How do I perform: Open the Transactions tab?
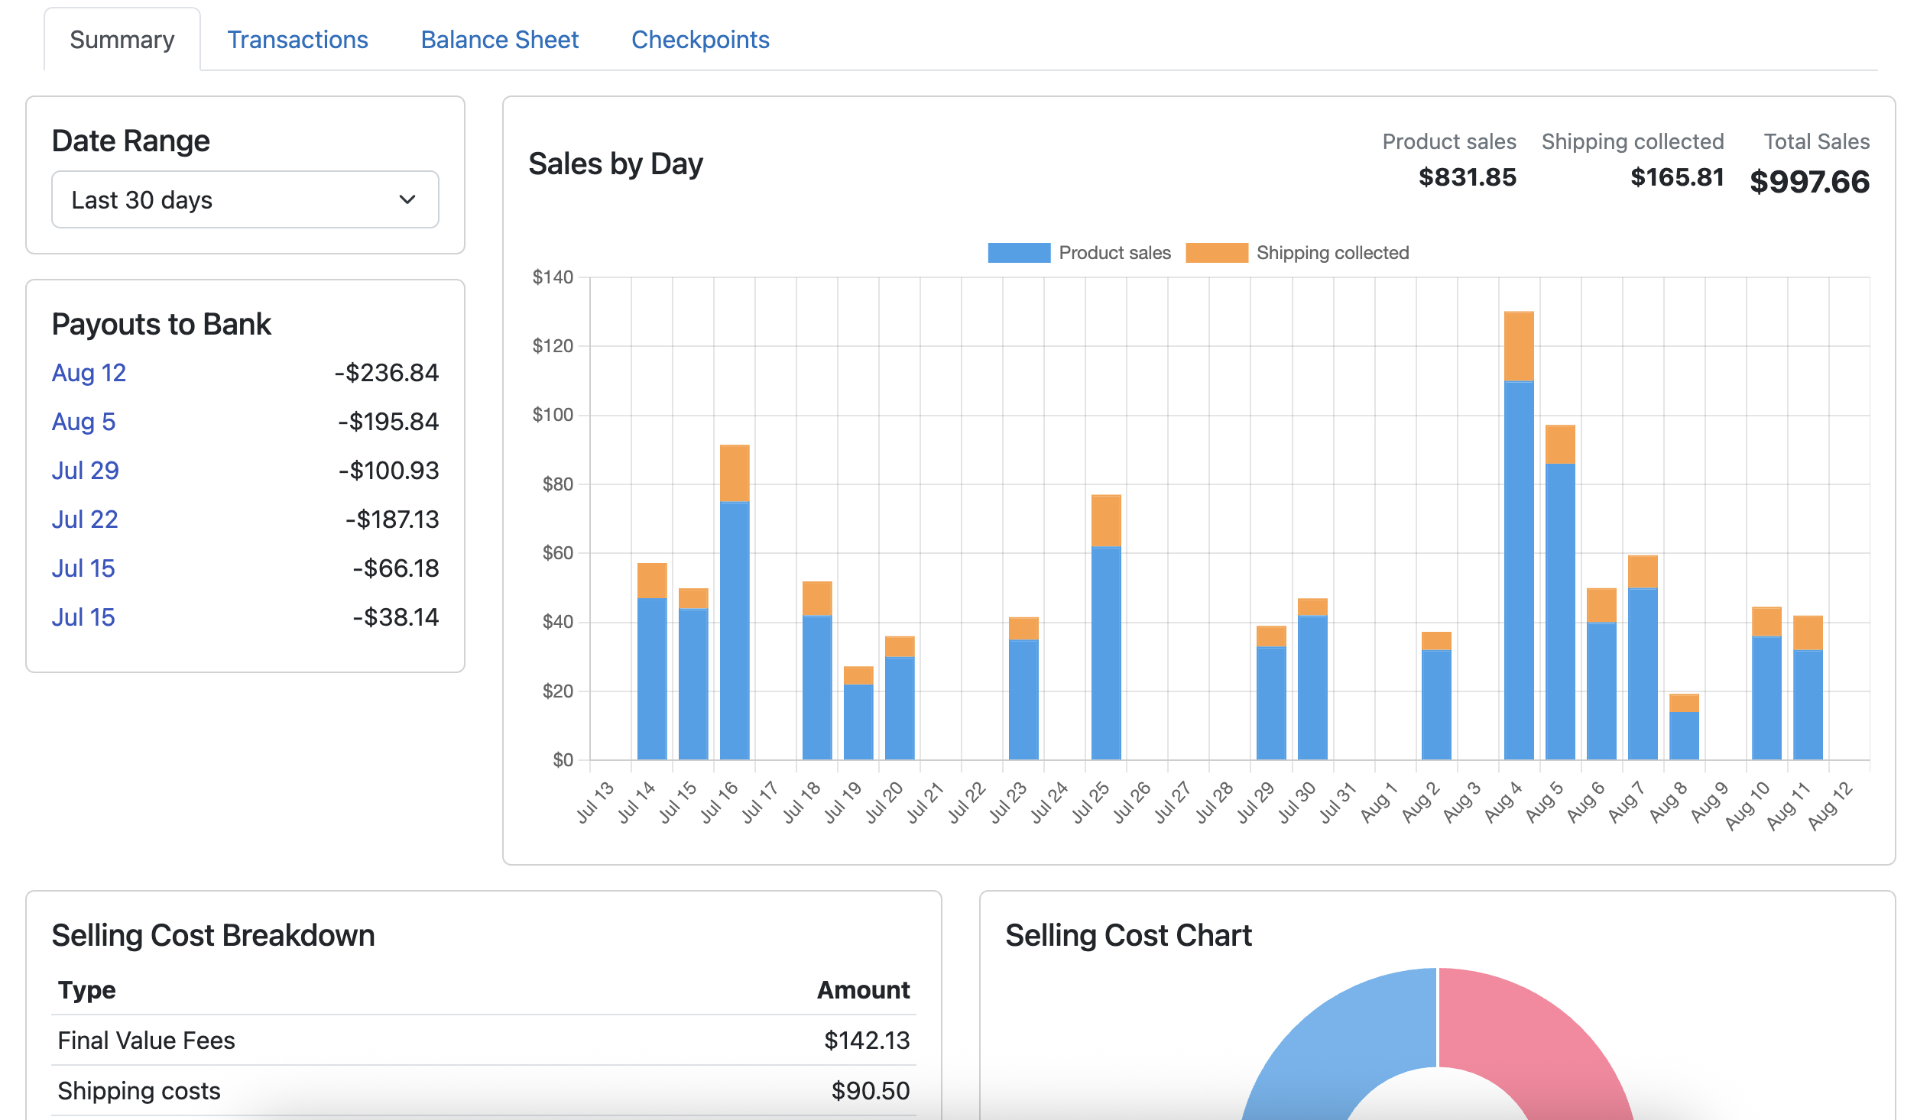click(297, 40)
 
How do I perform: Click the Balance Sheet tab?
click(499, 40)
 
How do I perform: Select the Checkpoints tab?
click(699, 40)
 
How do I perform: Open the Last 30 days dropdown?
click(245, 199)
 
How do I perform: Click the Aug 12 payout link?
click(89, 373)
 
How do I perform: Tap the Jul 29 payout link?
click(85, 471)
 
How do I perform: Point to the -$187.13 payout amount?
click(392, 520)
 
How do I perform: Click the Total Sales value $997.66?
click(1809, 182)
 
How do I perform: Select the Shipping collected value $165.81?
click(1677, 177)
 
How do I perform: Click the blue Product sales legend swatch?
click(1018, 253)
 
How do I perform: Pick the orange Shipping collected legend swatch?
click(1216, 253)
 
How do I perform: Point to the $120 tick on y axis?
click(553, 346)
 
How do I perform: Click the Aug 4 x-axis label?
click(1503, 802)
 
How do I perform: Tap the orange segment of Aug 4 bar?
click(1518, 346)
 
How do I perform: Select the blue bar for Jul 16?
click(735, 630)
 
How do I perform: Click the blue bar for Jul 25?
click(1106, 653)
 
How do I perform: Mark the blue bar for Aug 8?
click(1684, 736)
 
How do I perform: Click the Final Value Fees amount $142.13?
click(867, 1041)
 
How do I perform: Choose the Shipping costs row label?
click(139, 1091)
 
